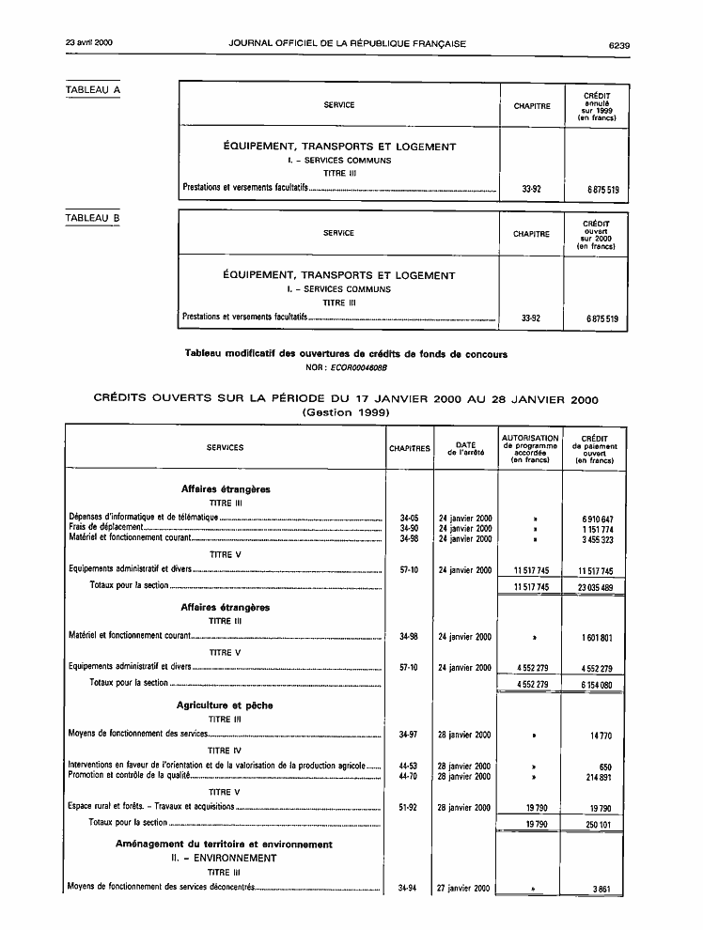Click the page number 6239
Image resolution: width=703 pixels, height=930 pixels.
click(618, 43)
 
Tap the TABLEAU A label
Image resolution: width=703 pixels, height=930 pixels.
click(93, 89)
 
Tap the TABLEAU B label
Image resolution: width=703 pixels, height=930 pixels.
click(93, 218)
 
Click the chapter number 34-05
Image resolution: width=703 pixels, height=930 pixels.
click(408, 519)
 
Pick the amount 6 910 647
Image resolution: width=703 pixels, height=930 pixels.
click(593, 519)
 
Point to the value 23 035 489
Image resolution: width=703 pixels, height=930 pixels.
click(592, 586)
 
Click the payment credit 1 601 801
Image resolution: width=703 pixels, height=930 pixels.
click(594, 637)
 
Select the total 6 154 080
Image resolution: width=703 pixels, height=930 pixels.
click(593, 684)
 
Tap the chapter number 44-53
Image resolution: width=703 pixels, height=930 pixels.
click(408, 767)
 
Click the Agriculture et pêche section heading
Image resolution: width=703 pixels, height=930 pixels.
click(225, 705)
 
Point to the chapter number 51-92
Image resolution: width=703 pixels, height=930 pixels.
click(408, 807)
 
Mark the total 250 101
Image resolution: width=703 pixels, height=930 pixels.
click(596, 824)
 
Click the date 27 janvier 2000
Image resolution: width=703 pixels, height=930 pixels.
click(464, 888)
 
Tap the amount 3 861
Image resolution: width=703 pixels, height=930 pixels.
click(601, 888)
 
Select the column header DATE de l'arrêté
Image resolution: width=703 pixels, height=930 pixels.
click(465, 448)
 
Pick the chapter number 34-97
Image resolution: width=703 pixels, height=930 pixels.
click(408, 735)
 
